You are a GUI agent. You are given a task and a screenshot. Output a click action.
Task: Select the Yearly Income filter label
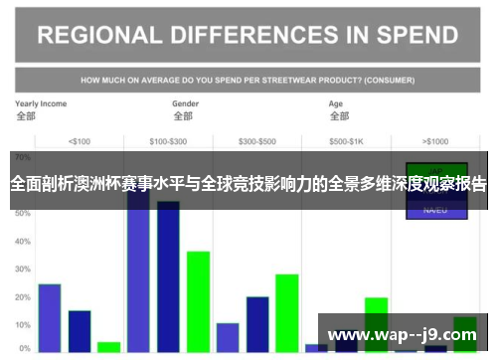pos(41,103)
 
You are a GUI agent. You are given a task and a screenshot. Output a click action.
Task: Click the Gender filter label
pos(186,103)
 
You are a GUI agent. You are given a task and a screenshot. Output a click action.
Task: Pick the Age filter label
pos(336,103)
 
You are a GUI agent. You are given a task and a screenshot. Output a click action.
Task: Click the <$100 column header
pos(79,141)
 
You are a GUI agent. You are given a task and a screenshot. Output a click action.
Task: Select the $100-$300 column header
pos(171,141)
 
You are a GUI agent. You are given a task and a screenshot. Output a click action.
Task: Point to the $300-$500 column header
pos(258,141)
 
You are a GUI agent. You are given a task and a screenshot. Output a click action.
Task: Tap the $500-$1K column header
pos(347,141)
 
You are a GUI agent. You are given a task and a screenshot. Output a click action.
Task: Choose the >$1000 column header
pos(435,141)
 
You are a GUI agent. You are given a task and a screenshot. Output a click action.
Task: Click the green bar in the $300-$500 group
pos(287,312)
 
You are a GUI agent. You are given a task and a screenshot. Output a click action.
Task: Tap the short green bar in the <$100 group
pos(109,347)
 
